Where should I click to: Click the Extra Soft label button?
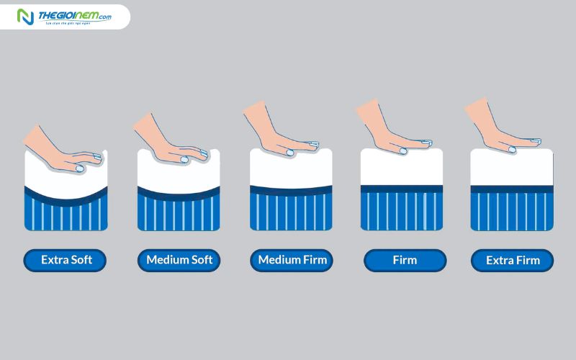tap(66, 260)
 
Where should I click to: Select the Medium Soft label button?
tap(179, 260)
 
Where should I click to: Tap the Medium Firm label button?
tap(292, 260)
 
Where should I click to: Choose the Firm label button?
tap(405, 260)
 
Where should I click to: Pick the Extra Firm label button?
tap(512, 260)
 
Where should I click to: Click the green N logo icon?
tap(26, 17)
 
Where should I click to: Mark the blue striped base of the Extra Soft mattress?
tap(66, 216)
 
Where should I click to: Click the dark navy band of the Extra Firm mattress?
tap(512, 189)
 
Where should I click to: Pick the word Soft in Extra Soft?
tap(81, 260)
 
